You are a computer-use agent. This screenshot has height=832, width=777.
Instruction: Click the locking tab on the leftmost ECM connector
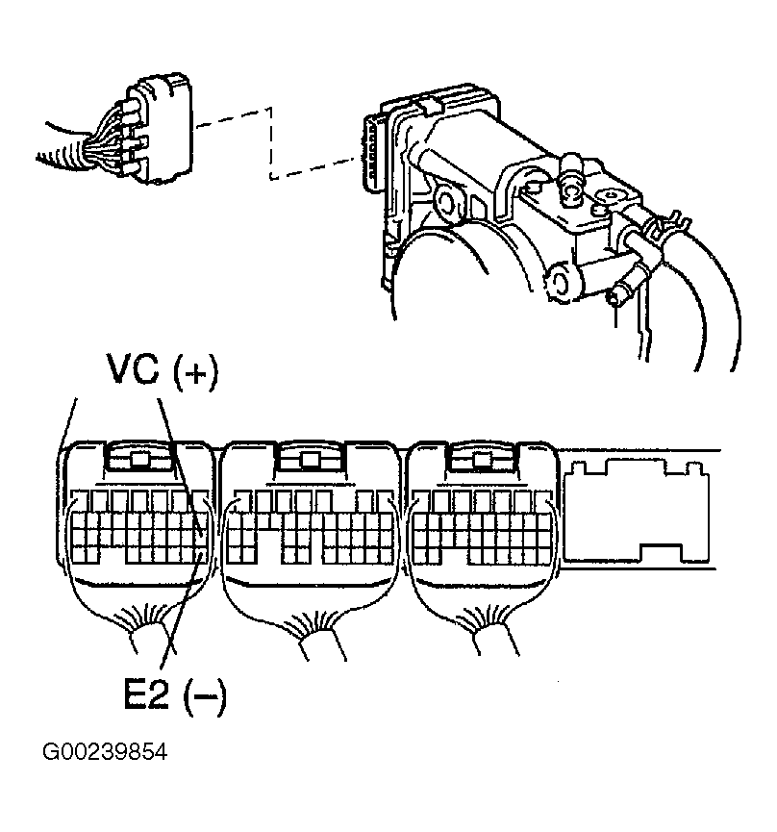point(140,458)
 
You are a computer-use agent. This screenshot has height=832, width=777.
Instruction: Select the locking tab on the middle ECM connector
point(309,459)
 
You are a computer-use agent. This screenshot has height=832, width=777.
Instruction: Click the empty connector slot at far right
point(625,509)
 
